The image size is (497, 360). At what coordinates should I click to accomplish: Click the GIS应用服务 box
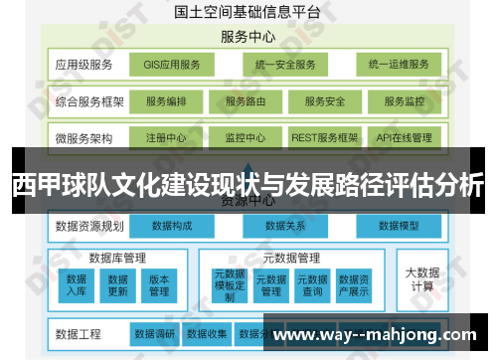[x=172, y=66]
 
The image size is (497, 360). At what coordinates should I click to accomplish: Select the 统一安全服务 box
[x=284, y=66]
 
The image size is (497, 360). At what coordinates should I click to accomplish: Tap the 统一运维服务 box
[x=398, y=66]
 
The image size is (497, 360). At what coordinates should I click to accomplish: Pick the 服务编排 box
[x=172, y=101]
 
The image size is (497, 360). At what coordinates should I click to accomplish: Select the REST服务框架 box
[x=324, y=137]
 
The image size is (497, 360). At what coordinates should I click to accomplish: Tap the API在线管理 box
[x=404, y=137]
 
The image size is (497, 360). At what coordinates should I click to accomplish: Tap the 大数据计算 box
[x=420, y=277]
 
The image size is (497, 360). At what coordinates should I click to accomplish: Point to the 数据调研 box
[x=155, y=333]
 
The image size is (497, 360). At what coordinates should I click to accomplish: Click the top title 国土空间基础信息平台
[x=247, y=13]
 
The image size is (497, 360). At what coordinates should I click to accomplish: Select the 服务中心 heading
[x=248, y=37]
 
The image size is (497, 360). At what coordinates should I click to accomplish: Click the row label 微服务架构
[x=84, y=137]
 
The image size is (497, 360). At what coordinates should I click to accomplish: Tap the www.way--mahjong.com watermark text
[x=377, y=334]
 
